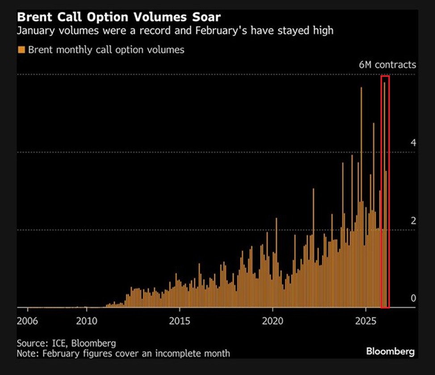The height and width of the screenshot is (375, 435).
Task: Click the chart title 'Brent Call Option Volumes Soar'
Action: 118,18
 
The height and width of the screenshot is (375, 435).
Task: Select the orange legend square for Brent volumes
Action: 21,50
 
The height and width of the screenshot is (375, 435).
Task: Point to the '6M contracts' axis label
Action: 387,65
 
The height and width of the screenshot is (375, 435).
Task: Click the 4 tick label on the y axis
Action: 413,143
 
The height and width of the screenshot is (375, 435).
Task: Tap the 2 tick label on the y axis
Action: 413,221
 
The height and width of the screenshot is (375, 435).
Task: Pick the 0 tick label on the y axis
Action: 413,298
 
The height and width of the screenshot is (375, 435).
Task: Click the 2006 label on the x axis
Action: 28,321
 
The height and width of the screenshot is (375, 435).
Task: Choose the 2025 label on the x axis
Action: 365,321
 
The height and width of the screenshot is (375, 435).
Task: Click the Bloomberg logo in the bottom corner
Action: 390,351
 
